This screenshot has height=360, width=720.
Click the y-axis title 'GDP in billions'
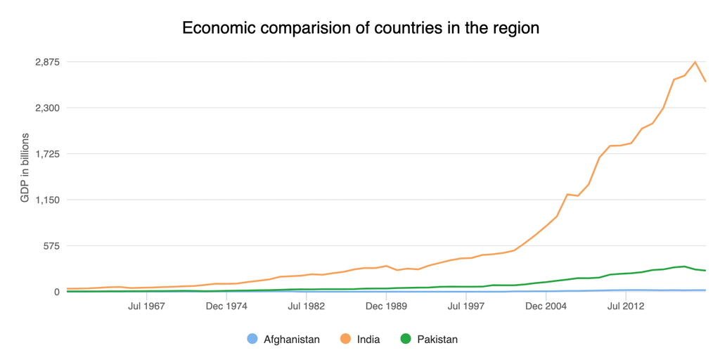(25, 167)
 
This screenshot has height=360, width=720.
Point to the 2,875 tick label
(47, 62)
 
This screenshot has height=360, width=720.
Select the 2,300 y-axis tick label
(47, 108)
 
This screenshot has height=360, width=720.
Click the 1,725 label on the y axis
(47, 154)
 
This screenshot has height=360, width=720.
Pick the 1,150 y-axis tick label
(47, 200)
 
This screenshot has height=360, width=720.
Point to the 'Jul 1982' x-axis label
(306, 307)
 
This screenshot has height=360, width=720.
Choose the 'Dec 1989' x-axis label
(386, 307)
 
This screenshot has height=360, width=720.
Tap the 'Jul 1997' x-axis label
(466, 307)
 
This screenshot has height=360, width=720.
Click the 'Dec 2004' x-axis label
(546, 307)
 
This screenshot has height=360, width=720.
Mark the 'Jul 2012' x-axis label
(626, 307)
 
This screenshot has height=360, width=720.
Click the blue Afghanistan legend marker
(252, 339)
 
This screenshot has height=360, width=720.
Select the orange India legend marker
(345, 339)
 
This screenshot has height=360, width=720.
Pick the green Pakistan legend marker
(406, 339)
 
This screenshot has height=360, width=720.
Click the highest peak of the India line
(695, 62)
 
